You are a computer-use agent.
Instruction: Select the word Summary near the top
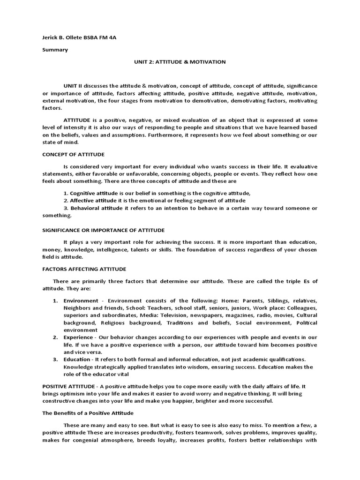coord(55,50)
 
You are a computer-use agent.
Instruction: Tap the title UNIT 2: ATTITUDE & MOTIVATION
coord(180,61)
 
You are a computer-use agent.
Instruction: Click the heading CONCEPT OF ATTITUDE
coord(73,154)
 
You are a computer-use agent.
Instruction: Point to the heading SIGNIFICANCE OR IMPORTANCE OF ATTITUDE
coord(103,230)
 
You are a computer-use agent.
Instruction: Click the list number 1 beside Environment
coord(55,300)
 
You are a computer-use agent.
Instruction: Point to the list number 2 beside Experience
coord(55,337)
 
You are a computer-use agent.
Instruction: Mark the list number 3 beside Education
coord(55,359)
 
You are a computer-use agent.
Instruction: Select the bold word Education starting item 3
coord(78,359)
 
